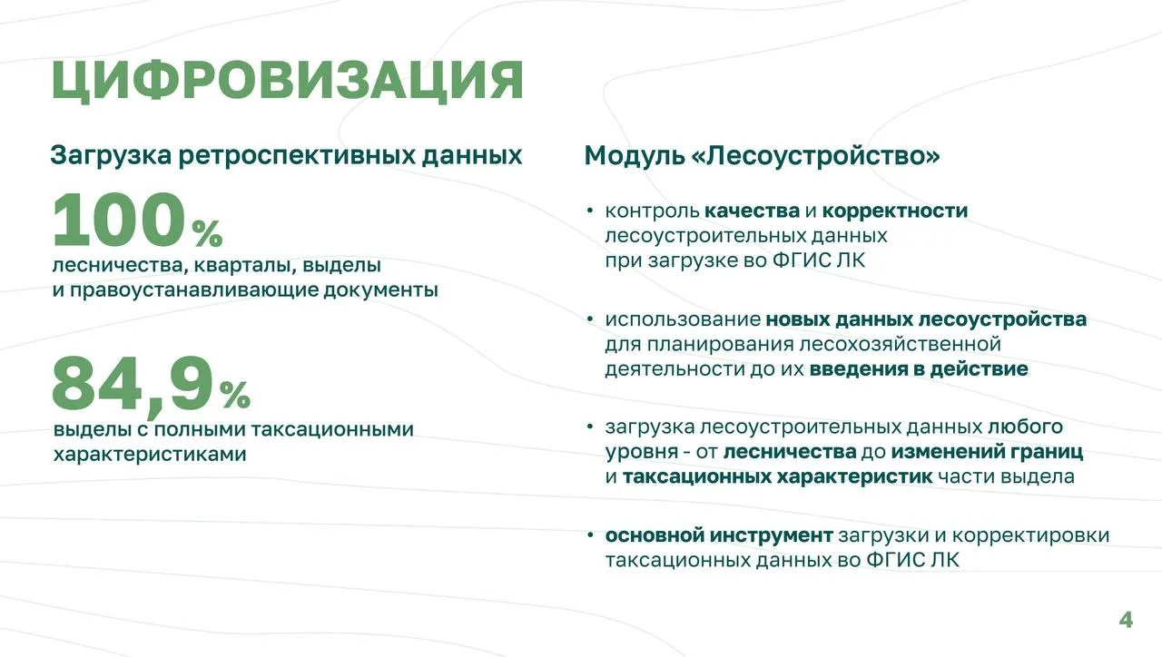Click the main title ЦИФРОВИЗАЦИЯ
pos(288,82)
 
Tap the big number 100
pos(119,220)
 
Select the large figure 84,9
pos(133,385)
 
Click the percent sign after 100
pos(207,234)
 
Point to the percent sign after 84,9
pos(235,395)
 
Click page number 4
pos(1126,620)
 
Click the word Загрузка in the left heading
pos(111,155)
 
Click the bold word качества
pos(753,211)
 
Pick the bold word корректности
pos(895,211)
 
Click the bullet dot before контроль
pos(589,211)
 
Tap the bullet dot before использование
pos(589,319)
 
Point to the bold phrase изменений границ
pos(987,452)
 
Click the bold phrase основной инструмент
pos(719,535)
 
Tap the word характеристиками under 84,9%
pos(150,455)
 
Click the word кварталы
pos(245,266)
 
